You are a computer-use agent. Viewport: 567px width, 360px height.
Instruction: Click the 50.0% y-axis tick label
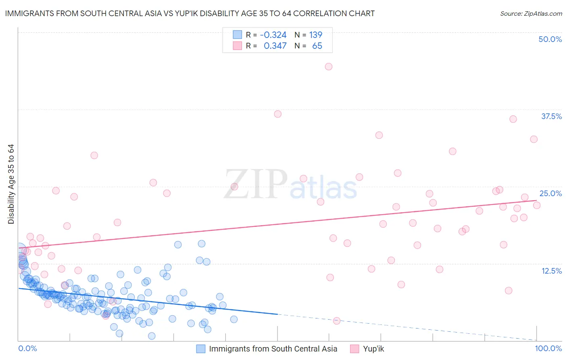pyautogui.click(x=550, y=39)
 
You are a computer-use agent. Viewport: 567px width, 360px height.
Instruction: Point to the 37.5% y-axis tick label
pyautogui.click(x=551, y=116)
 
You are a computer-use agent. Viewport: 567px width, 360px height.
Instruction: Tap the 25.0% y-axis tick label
pyautogui.click(x=550, y=193)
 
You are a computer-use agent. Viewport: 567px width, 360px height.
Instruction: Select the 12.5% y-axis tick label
pyautogui.click(x=551, y=271)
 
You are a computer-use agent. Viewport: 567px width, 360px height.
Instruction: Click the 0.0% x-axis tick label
pyautogui.click(x=27, y=348)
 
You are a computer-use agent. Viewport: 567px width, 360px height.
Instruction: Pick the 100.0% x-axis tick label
pyautogui.click(x=548, y=348)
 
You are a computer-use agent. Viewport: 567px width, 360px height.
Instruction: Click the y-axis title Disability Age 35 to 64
pyautogui.click(x=11, y=184)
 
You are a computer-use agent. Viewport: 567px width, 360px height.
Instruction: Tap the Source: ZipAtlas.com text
pyautogui.click(x=531, y=14)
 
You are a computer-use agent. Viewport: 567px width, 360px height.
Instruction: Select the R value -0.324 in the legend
pyautogui.click(x=273, y=35)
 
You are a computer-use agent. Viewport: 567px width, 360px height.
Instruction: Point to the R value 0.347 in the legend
pyautogui.click(x=275, y=46)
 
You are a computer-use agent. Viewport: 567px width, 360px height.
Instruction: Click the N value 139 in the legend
pyautogui.click(x=315, y=35)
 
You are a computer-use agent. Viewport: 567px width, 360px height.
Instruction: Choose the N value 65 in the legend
pyautogui.click(x=317, y=46)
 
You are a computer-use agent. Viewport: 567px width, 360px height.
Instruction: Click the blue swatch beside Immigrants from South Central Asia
pyautogui.click(x=201, y=349)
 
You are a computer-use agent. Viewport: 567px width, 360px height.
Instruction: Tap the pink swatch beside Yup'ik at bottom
pyautogui.click(x=354, y=349)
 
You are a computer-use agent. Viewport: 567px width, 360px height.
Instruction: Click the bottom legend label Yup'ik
pyautogui.click(x=373, y=349)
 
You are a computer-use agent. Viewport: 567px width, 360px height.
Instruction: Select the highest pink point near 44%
pyautogui.click(x=329, y=67)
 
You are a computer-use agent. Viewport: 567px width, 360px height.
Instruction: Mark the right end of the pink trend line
pyautogui.click(x=537, y=200)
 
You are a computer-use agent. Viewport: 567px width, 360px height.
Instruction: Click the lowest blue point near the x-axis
pyautogui.click(x=152, y=336)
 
